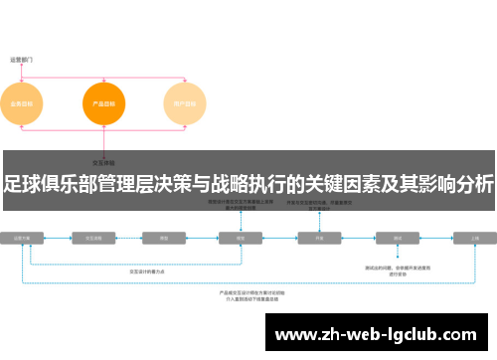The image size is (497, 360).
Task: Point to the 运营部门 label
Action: (22, 60)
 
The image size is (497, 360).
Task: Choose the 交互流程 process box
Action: (96, 239)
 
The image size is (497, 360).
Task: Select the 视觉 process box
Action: (240, 239)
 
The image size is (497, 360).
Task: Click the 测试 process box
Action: (398, 239)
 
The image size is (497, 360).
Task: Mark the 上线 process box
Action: (475, 239)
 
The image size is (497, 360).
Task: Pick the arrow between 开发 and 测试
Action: (359, 239)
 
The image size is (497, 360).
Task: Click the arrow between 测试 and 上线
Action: (436, 239)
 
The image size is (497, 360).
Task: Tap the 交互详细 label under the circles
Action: (103, 161)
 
